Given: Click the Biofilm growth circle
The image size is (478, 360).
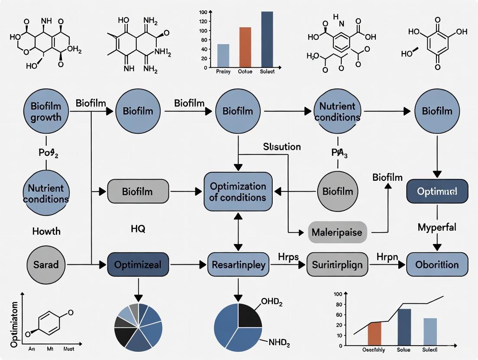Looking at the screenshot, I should click(46, 111).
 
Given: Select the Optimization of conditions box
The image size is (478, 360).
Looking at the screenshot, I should click(238, 192).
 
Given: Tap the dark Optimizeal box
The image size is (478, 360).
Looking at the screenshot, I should click(138, 264).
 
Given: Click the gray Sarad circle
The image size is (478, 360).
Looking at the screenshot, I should click(46, 264).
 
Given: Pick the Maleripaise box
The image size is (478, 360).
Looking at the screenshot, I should click(337, 233).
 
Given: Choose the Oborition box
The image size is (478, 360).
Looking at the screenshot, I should click(437, 264).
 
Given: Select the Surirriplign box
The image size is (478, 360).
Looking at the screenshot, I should click(337, 264).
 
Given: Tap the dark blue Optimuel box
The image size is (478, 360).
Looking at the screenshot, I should click(437, 191).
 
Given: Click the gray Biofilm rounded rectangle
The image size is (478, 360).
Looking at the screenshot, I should click(138, 191).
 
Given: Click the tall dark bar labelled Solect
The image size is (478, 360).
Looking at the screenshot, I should click(267, 39).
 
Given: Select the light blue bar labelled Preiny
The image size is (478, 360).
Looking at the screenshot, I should click(223, 56).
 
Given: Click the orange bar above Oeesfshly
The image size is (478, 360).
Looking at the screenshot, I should click(375, 334).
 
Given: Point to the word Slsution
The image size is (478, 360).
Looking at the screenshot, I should click(282, 147).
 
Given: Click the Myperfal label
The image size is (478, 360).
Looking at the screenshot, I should click(437, 227).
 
